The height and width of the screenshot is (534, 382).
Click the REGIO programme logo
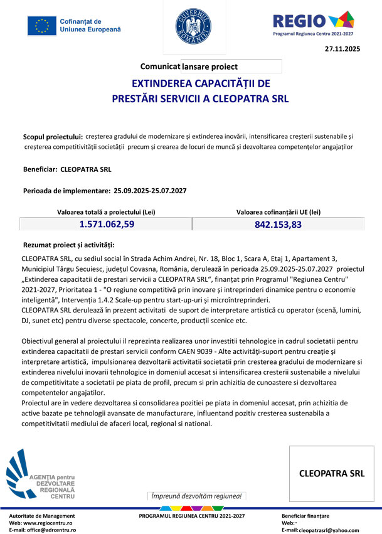point(313,23)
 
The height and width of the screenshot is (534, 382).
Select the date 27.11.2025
point(342,48)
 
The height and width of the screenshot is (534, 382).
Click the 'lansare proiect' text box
point(231,66)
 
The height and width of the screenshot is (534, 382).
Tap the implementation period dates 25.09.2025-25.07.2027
point(150,190)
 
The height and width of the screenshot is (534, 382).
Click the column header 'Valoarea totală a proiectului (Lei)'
point(107,212)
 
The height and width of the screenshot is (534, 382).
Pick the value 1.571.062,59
point(107,224)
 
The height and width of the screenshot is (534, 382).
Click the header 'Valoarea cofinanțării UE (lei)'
point(279,212)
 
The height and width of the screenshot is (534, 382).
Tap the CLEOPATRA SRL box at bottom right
point(331,473)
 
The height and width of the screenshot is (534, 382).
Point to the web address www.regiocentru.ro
point(47,523)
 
